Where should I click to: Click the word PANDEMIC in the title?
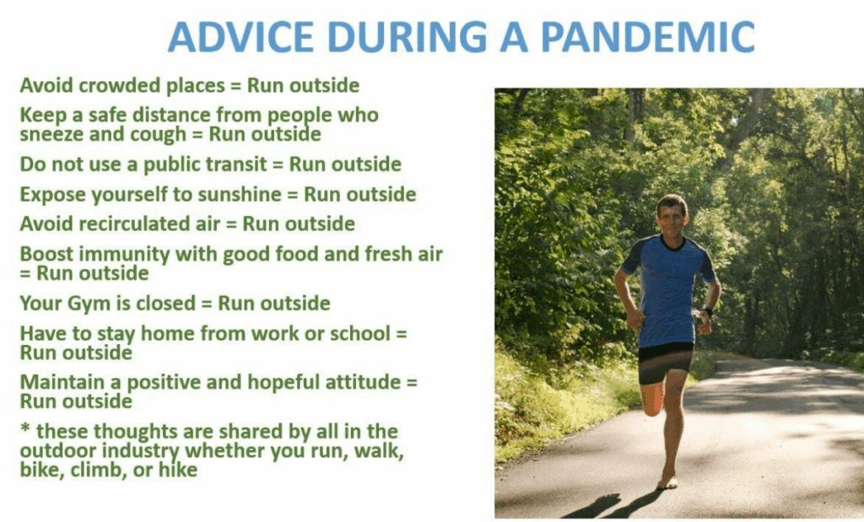click(x=647, y=37)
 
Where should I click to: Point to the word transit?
click(x=238, y=164)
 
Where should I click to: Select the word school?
click(x=360, y=334)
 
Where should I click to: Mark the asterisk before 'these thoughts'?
click(x=24, y=428)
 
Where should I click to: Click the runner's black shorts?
click(x=665, y=363)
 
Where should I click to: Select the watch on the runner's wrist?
click(x=708, y=312)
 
